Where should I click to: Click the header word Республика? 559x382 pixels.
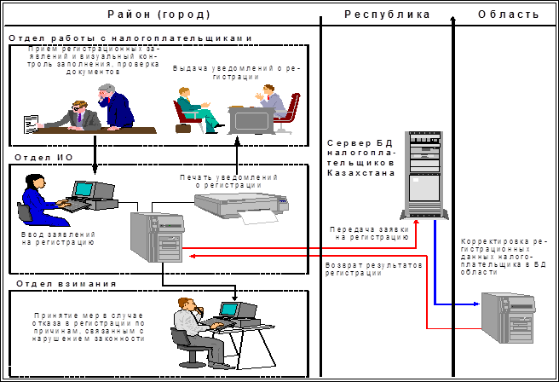coord(388,14)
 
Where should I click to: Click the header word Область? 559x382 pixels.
coord(508,14)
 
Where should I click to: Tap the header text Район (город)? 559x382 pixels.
coord(159,14)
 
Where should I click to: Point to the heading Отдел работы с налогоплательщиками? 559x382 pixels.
coord(131,38)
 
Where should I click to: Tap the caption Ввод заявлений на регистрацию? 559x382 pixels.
coord(57,237)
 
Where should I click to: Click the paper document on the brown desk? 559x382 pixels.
coord(31,123)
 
